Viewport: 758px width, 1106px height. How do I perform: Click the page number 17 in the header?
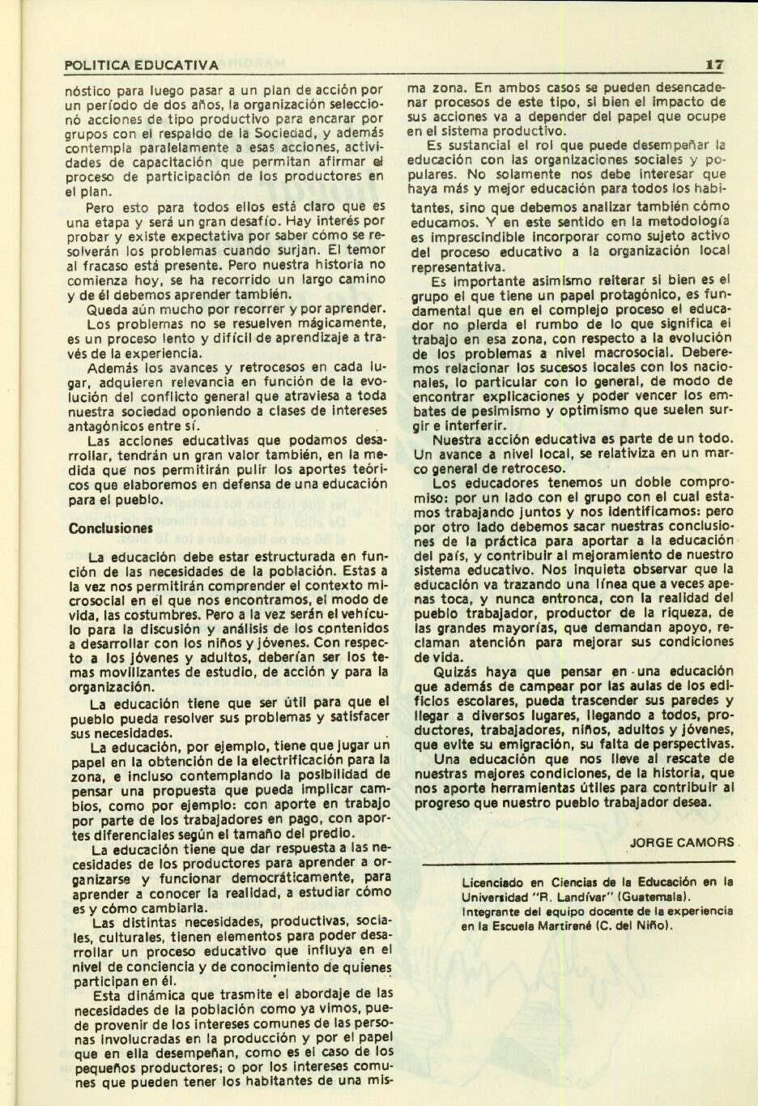(x=713, y=64)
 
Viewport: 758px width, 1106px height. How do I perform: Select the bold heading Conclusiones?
(x=110, y=527)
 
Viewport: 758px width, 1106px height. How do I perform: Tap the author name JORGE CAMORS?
(x=680, y=841)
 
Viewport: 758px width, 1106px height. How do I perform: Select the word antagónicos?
(x=109, y=424)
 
